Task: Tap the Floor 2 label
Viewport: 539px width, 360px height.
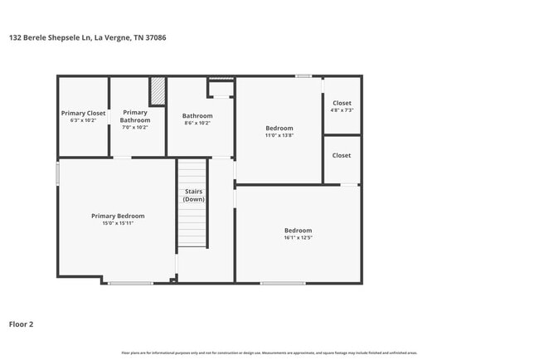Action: tap(22, 324)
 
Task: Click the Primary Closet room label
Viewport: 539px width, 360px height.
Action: tap(83, 113)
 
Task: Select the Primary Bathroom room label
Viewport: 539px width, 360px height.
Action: tap(135, 116)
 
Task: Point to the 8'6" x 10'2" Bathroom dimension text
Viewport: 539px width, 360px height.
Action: tap(197, 124)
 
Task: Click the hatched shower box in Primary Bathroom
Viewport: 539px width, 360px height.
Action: tap(158, 91)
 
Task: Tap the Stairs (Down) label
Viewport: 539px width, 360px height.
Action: tap(194, 196)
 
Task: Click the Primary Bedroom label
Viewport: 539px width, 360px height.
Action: tap(118, 216)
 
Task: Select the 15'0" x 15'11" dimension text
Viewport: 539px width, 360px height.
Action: tap(118, 223)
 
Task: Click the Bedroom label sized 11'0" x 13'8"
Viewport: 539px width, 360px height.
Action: tap(279, 128)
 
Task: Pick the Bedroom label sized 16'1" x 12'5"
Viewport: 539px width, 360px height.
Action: tap(298, 230)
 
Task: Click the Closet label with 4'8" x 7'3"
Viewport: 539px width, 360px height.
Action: tap(342, 104)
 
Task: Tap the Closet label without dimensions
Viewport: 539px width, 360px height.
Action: tap(342, 155)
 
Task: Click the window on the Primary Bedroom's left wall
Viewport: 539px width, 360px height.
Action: tap(58, 173)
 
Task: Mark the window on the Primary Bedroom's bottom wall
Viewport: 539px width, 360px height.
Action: tap(130, 283)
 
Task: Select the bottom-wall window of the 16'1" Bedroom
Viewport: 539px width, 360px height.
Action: tap(282, 283)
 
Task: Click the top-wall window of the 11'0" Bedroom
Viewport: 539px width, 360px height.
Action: tap(303, 76)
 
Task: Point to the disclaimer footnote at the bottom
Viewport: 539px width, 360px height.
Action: tap(269, 353)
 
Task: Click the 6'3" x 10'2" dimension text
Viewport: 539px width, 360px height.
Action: tap(83, 120)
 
